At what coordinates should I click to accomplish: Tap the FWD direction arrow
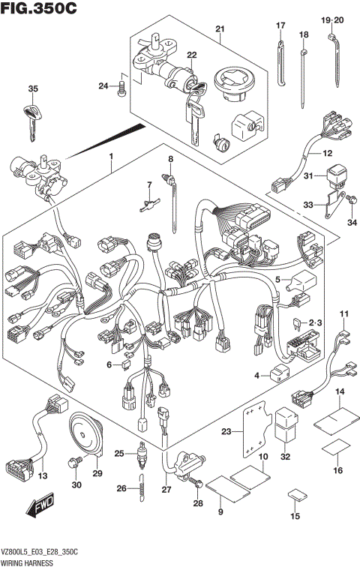[x=42, y=511]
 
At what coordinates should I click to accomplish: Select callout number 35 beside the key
[x=32, y=89]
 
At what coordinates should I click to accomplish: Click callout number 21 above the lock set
[x=220, y=29]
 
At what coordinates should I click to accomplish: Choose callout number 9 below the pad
[x=220, y=511]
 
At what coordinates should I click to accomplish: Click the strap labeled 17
[x=280, y=64]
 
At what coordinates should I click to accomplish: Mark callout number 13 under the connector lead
[x=42, y=476]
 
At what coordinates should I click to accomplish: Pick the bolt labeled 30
[x=73, y=465]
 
